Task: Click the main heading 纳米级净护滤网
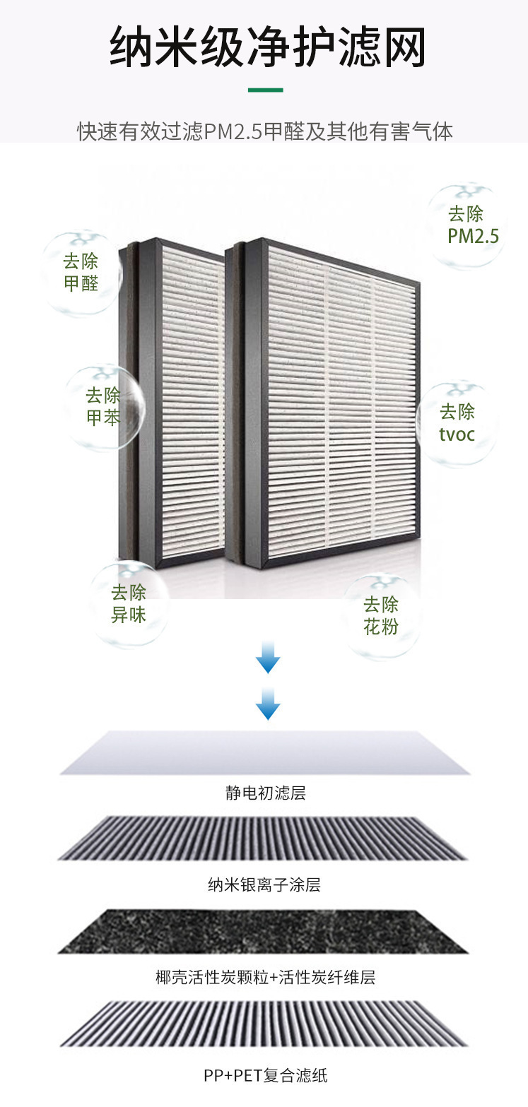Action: (x=267, y=48)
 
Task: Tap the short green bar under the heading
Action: (x=265, y=90)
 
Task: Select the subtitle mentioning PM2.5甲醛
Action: (x=264, y=132)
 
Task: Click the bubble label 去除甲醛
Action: (x=81, y=273)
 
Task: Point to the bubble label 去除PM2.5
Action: (x=472, y=225)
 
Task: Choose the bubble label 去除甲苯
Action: (x=103, y=406)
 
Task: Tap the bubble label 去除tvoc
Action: (x=457, y=422)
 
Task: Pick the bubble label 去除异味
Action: (x=128, y=604)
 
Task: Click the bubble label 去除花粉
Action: (x=381, y=615)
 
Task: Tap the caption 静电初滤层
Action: (x=265, y=793)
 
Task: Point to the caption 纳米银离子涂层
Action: (x=264, y=884)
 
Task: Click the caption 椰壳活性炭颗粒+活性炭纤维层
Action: (x=265, y=978)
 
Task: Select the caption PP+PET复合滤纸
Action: (x=265, y=1076)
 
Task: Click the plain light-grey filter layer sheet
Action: (x=265, y=753)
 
